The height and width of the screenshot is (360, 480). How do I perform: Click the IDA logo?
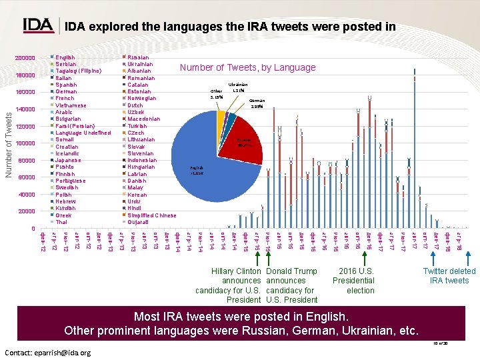point(38,25)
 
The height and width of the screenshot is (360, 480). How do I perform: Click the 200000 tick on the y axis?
point(25,58)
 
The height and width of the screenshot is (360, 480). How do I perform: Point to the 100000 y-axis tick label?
point(25,143)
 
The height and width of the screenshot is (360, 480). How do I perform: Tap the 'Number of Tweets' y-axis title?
point(8,143)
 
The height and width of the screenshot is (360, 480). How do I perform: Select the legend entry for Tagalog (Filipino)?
point(78,71)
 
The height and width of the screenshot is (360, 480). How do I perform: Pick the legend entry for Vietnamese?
point(71,105)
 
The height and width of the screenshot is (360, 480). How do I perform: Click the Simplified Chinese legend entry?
point(151,215)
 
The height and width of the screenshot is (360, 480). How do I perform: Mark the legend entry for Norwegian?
point(141,99)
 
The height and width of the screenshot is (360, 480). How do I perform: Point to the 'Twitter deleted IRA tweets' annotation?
point(449,275)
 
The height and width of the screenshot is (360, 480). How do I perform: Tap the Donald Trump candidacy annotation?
point(291,285)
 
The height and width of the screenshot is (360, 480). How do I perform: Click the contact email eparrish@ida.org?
point(47,352)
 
